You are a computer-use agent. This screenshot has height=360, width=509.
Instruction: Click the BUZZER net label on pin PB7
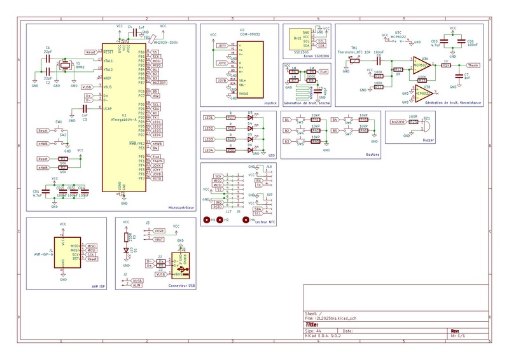160,83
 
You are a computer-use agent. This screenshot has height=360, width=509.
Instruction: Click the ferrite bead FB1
147,38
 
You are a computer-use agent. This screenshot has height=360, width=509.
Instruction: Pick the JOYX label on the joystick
223,64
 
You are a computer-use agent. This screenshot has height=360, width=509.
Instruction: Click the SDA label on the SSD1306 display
321,46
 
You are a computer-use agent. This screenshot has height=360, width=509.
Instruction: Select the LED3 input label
208,139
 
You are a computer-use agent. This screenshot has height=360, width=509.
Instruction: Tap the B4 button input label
335,119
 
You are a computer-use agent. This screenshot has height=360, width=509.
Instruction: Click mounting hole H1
206,220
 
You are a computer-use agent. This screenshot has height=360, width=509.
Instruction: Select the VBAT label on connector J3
159,239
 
